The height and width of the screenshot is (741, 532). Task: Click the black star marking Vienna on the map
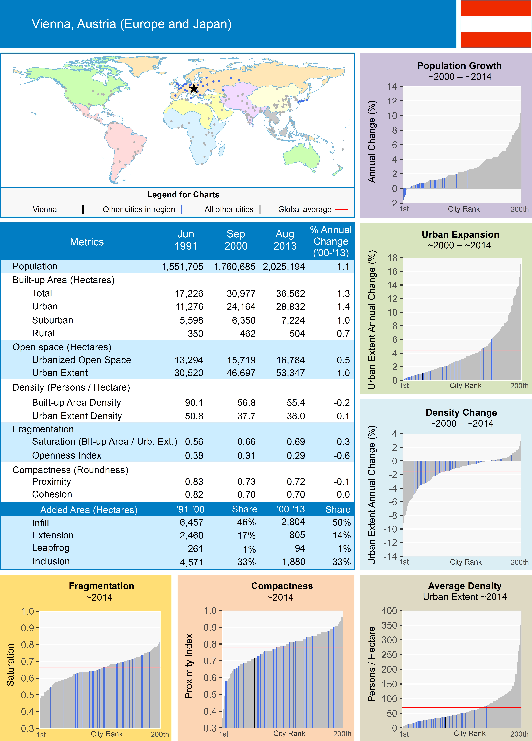[x=194, y=89]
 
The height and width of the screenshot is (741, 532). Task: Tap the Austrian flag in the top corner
[x=496, y=24]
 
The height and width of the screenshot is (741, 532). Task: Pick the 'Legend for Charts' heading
[x=183, y=195]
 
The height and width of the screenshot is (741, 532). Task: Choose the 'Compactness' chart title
[x=282, y=586]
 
